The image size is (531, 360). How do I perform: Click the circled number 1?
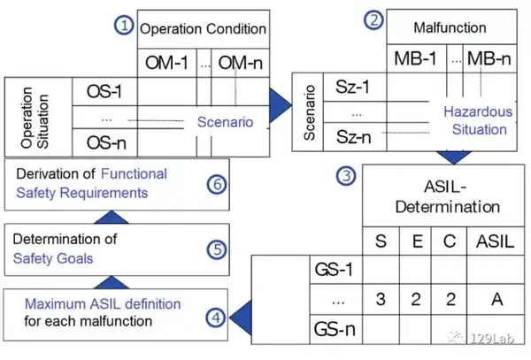click(124, 26)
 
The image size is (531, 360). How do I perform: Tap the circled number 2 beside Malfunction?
click(373, 20)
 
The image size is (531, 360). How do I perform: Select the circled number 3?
click(346, 176)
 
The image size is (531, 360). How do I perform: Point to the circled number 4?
click(216, 318)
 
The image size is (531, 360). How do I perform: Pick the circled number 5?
click(217, 250)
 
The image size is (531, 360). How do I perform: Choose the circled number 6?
click(217, 184)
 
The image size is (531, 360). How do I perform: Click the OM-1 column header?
click(166, 63)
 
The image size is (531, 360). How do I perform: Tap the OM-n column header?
click(241, 63)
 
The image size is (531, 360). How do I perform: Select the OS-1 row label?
click(104, 91)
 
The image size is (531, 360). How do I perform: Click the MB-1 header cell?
click(416, 58)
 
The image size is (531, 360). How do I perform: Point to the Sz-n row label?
click(353, 137)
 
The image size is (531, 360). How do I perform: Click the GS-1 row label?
click(334, 270)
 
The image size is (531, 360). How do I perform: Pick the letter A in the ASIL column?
click(496, 299)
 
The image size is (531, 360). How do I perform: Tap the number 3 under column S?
click(381, 299)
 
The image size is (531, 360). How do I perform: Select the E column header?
click(417, 241)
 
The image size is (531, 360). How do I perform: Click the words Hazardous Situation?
click(478, 120)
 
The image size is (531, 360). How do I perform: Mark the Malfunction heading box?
click(451, 27)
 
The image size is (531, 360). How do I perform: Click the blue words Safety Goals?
click(53, 258)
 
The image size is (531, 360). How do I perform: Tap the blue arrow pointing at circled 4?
click(241, 318)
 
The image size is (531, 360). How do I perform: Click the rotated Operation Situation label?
click(35, 118)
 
